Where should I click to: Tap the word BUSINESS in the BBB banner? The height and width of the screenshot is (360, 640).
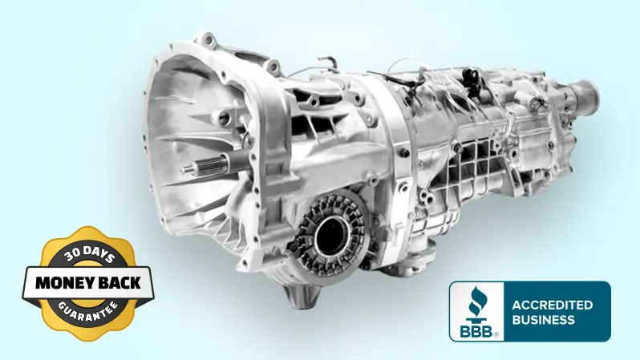click(x=543, y=320)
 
